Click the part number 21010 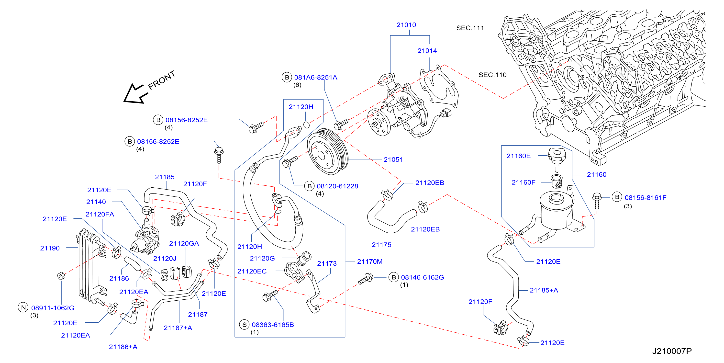406,25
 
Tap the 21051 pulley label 393,159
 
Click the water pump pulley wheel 328,152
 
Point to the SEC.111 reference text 470,28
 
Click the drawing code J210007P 672,351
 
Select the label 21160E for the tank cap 518,156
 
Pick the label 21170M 370,261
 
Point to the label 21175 381,245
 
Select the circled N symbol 23,307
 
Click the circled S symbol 244,325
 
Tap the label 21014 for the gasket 427,51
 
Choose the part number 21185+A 544,290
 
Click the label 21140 96,202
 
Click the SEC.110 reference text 492,75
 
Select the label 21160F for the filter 523,182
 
